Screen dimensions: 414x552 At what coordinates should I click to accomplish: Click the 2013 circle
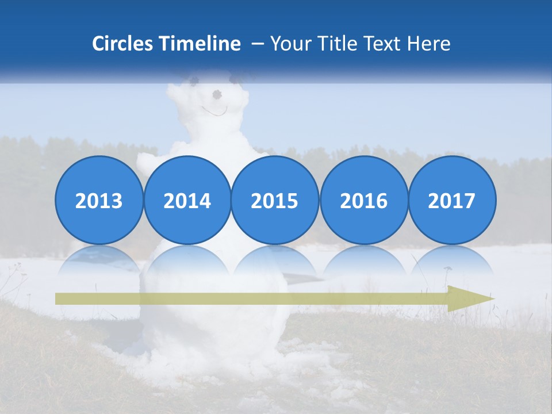coord(99,200)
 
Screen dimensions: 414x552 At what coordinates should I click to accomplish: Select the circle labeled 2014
coord(187,200)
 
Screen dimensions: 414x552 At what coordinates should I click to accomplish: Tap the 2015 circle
coord(275,200)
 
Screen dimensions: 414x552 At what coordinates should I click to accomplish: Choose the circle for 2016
coord(363,200)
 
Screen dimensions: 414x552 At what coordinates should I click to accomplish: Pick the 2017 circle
coord(452,200)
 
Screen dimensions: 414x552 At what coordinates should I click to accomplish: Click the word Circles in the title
coord(123,44)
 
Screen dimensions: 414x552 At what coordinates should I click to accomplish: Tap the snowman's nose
coord(217,94)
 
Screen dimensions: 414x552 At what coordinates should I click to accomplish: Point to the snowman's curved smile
coord(214,110)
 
